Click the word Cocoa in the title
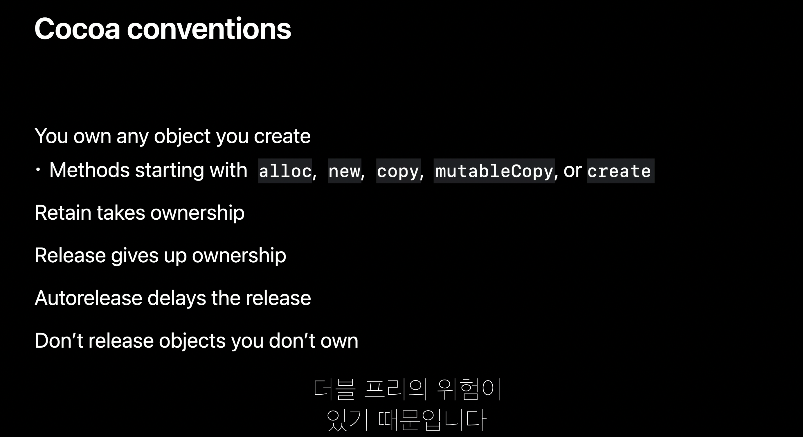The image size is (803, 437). [x=77, y=29]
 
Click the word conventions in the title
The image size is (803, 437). [x=209, y=29]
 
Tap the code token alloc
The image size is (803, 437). [x=285, y=171]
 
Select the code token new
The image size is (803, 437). [x=345, y=171]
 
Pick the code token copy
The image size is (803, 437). [x=398, y=171]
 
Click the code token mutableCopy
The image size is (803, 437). [x=494, y=171]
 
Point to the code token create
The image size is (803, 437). [x=620, y=171]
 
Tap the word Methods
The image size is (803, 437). [x=89, y=170]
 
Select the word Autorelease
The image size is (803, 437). [x=88, y=298]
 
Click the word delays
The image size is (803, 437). [x=177, y=298]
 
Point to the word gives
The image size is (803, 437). [x=134, y=256]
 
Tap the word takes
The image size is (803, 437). [x=121, y=213]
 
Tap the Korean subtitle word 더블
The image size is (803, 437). [x=334, y=389]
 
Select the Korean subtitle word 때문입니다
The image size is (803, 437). [x=432, y=420]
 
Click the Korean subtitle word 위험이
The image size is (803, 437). [x=469, y=389]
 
